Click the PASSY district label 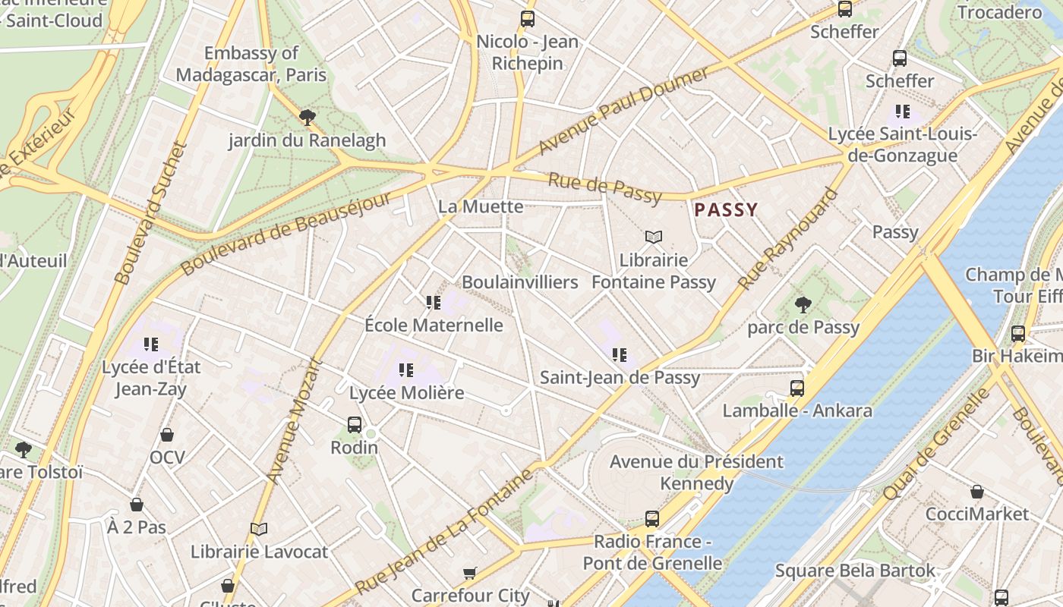(x=726, y=210)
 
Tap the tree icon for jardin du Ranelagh (x=307, y=118)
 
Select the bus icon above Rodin (x=355, y=425)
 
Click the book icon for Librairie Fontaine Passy (x=654, y=237)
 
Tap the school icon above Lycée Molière (x=406, y=370)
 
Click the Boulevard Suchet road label (x=151, y=213)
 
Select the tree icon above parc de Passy (x=803, y=305)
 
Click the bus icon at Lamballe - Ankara (x=796, y=388)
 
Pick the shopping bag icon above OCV (x=167, y=435)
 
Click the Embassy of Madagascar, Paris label (x=251, y=64)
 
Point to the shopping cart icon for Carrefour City (x=470, y=573)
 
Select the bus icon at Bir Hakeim (x=1017, y=334)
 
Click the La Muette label (x=481, y=206)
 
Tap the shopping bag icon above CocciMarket (x=977, y=492)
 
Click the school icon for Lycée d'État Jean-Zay (x=151, y=344)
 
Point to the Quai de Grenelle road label (x=938, y=444)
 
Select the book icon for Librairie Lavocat (x=259, y=529)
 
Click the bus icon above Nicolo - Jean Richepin (x=527, y=19)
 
